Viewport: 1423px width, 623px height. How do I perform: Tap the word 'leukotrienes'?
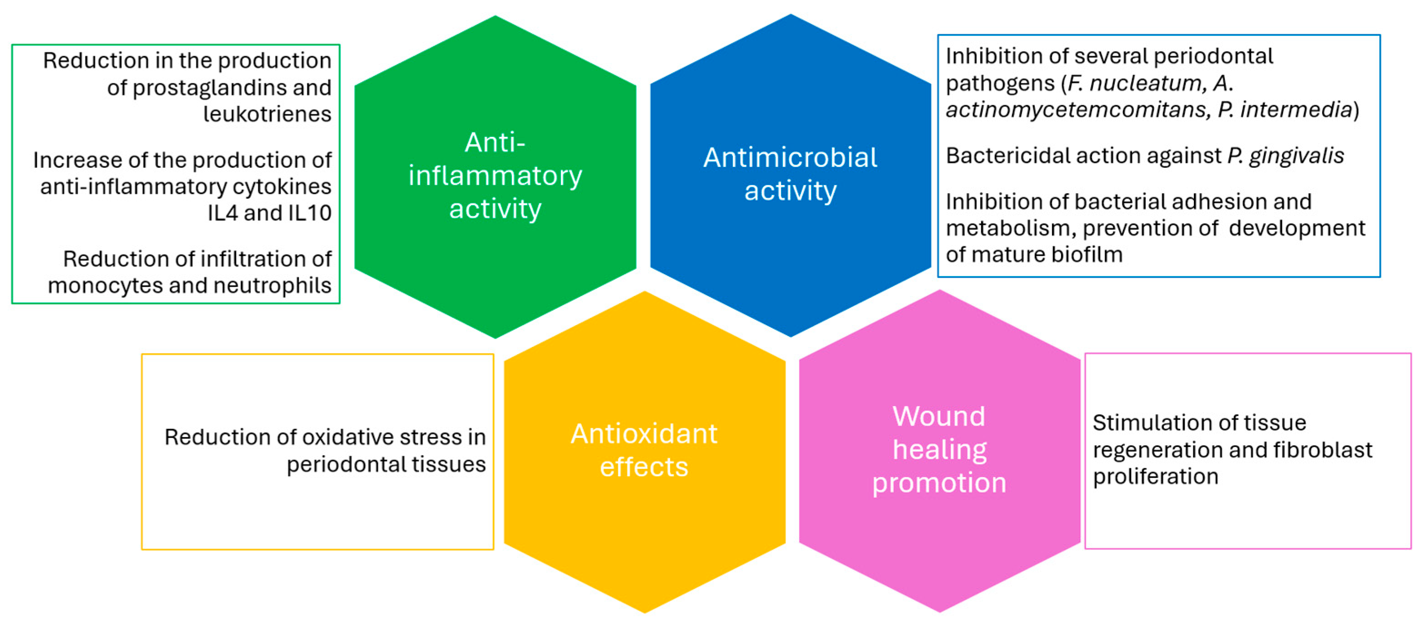(x=267, y=114)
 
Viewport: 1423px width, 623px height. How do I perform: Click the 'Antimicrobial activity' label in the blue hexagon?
(x=790, y=174)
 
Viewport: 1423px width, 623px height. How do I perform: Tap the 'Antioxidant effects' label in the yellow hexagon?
(x=644, y=450)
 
